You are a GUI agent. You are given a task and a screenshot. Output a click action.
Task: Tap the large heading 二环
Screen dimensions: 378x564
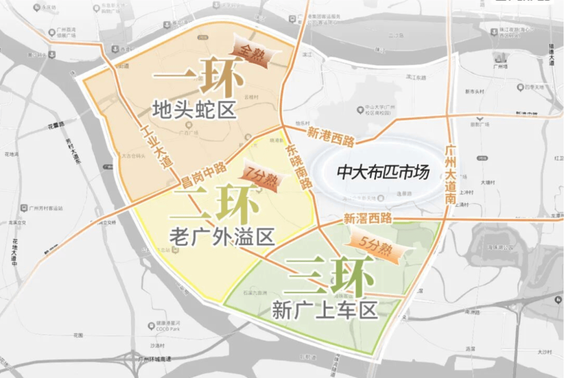coord(217,204)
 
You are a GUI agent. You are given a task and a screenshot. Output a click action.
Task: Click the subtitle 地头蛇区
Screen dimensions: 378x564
coord(195,110)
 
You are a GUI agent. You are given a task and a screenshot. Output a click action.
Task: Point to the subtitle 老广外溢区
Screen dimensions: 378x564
coord(222,237)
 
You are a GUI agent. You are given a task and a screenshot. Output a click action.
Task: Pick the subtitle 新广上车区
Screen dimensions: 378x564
coord(324,311)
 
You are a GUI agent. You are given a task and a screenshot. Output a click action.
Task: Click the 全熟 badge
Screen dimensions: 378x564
coord(253,52)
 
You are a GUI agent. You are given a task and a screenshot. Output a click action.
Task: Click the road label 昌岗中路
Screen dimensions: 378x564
coord(204,175)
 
